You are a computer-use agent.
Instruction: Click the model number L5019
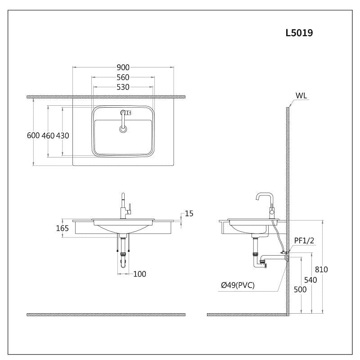coord(299,33)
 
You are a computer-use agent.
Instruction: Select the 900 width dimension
coord(123,67)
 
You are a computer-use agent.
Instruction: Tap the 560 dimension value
coord(123,77)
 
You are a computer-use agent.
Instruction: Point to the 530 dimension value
coord(123,87)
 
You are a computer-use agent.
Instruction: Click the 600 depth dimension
coord(33,135)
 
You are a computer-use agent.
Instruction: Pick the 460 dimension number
coord(48,135)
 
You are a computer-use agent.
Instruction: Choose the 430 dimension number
coord(63,135)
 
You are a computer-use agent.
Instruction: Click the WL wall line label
coord(301,95)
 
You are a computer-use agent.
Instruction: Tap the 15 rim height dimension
coord(189,213)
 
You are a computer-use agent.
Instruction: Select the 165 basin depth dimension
coord(62,228)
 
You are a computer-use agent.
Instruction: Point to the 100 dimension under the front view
coord(139,274)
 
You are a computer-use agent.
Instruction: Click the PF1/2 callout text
coord(304,241)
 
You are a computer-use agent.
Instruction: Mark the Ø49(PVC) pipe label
coord(238,285)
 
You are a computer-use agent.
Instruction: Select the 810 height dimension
coord(321,270)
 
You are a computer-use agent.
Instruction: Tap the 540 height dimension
coord(310,279)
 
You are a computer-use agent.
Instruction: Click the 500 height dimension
coord(300,289)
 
